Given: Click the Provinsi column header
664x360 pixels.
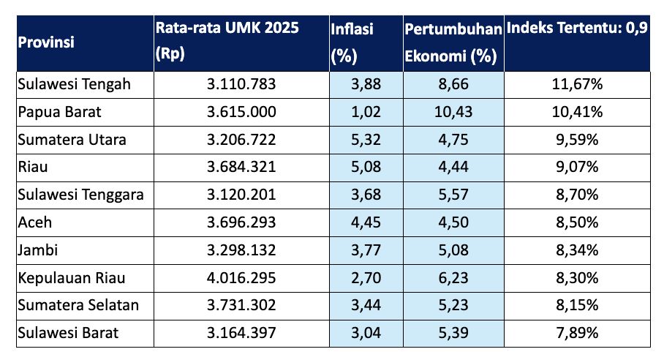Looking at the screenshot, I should point(45,42).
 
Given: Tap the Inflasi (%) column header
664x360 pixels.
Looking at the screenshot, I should point(352,42).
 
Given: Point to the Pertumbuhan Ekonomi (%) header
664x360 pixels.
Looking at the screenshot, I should point(453,42).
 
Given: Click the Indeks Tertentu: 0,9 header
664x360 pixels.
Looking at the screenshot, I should point(577,30).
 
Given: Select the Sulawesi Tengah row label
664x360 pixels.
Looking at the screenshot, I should point(74,84).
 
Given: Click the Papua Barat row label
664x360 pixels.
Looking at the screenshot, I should point(59,112).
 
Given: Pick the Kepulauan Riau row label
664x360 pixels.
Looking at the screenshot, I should point(71,278).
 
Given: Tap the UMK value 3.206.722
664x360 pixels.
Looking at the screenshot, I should point(241,140).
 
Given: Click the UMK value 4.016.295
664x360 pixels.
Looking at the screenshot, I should point(241,278).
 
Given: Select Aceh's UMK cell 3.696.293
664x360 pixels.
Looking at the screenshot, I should point(241,222).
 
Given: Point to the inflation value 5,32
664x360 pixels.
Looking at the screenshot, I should point(366,140).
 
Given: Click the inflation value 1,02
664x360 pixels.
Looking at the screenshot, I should point(366,112).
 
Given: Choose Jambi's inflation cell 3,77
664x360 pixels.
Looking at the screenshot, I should point(366,250).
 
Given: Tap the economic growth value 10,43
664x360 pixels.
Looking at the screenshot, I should point(454,112).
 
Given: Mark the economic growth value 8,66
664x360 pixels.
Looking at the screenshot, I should point(454,84).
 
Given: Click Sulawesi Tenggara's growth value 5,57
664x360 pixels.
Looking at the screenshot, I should point(454,195).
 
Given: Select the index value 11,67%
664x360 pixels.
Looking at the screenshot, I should point(577,84).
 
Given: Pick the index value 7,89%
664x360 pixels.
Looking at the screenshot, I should point(577,333).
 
